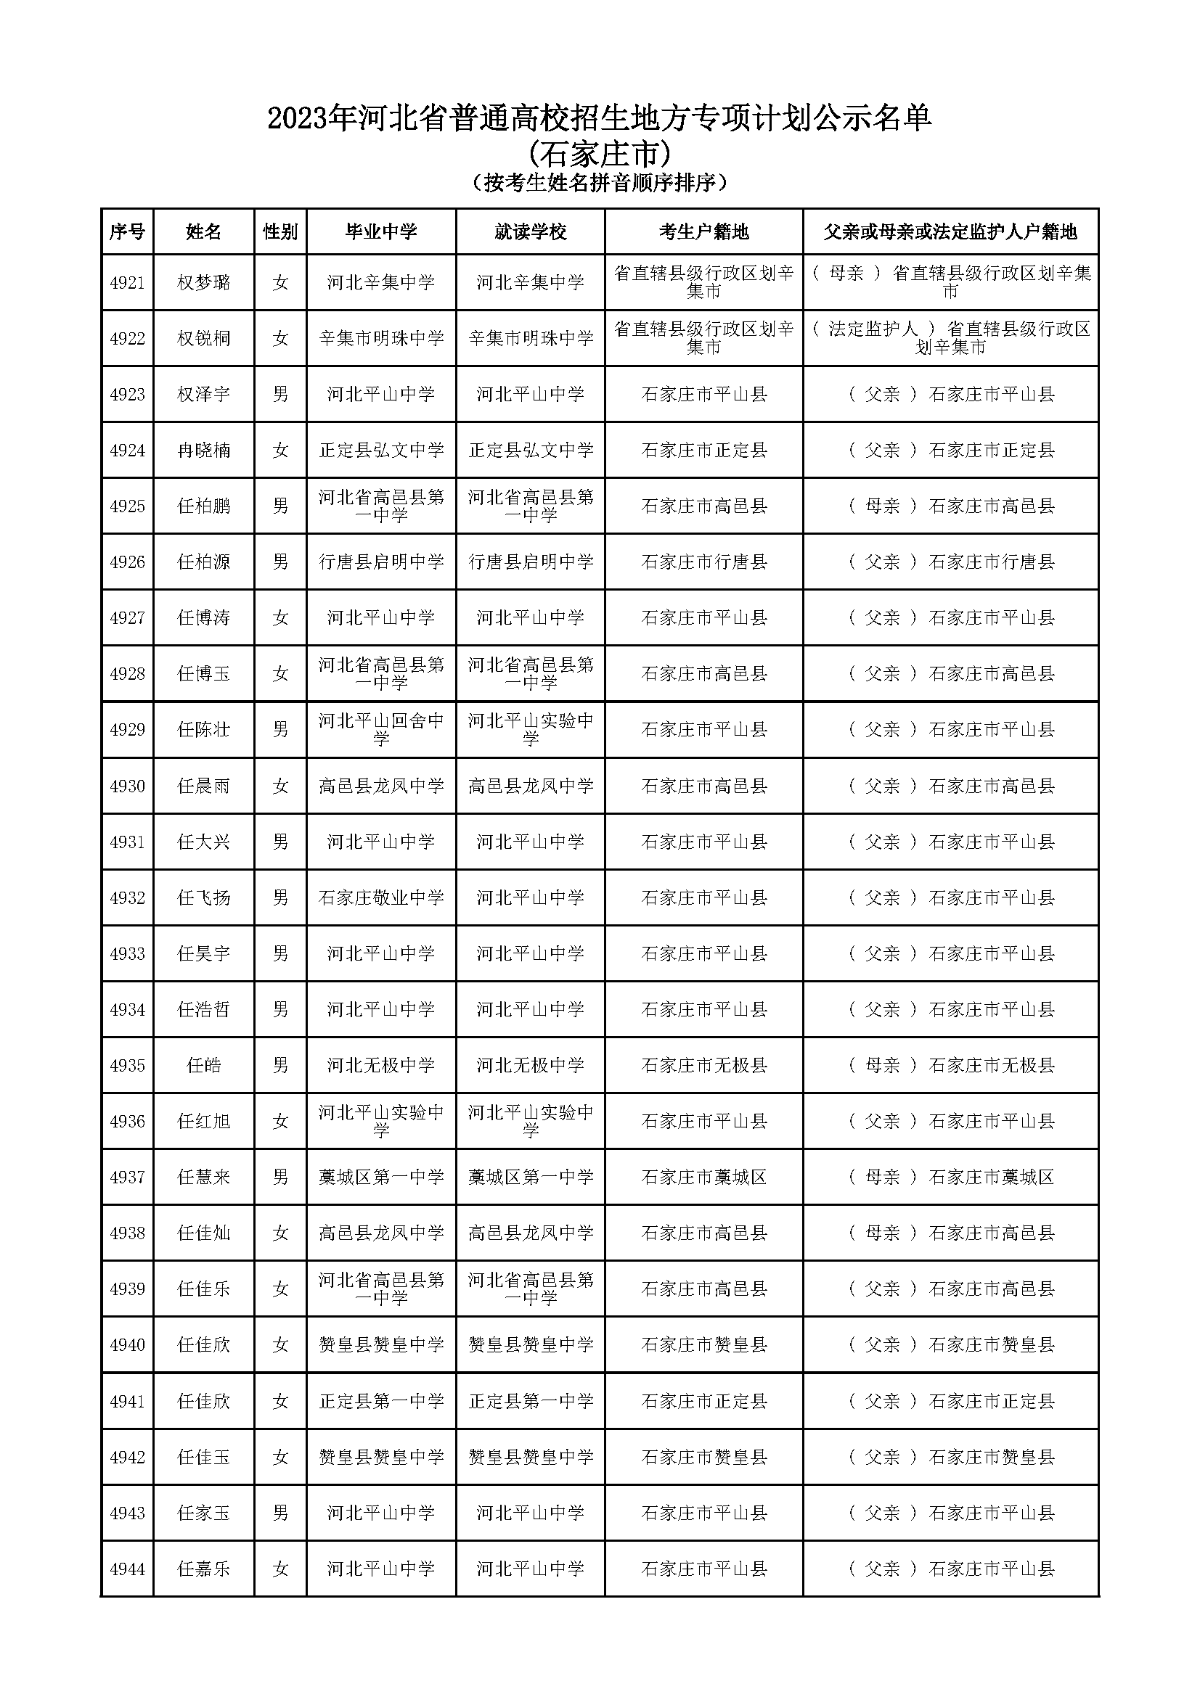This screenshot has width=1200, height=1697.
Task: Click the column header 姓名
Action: (203, 232)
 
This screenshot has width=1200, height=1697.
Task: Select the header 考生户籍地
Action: (703, 232)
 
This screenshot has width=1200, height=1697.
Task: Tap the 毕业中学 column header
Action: (381, 232)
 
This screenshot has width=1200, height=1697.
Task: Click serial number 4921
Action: (127, 282)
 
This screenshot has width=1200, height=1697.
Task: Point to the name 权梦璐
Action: (203, 282)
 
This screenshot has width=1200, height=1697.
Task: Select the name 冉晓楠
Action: (203, 450)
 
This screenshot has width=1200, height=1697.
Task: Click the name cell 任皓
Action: (203, 1065)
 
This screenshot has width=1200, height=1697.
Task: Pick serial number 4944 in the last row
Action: (127, 1569)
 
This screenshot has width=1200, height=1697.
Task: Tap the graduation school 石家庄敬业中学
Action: (381, 897)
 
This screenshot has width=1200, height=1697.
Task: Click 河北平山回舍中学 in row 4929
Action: (381, 728)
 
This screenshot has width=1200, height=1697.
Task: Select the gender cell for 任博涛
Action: (280, 617)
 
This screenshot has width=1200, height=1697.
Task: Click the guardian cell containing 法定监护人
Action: (950, 338)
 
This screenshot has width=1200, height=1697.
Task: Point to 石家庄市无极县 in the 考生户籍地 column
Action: (703, 1065)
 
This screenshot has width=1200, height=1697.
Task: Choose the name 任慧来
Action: (203, 1177)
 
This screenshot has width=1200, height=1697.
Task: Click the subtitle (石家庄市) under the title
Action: (600, 155)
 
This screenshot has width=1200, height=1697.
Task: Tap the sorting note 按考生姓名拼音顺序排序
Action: (600, 183)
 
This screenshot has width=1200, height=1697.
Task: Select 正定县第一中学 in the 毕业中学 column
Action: (381, 1400)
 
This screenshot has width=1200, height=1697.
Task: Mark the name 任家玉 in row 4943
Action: (203, 1513)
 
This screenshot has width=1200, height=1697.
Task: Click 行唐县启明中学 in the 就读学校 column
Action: (530, 562)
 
